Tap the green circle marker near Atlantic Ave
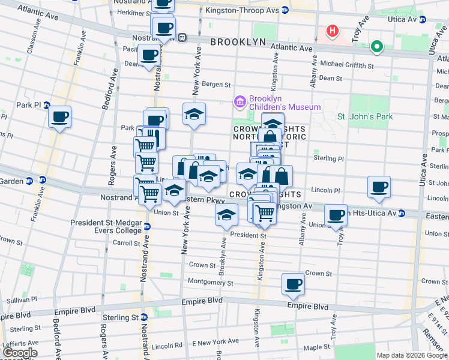376,46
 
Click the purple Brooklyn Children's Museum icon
240,101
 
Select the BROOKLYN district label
238,41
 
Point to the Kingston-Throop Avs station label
242,10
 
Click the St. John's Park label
365,116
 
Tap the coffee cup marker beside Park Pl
59,117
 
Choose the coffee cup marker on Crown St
294,284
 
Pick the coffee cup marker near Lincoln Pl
379,187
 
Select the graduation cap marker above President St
226,215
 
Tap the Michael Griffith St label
347,65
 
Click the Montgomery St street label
209,281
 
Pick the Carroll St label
126,244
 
